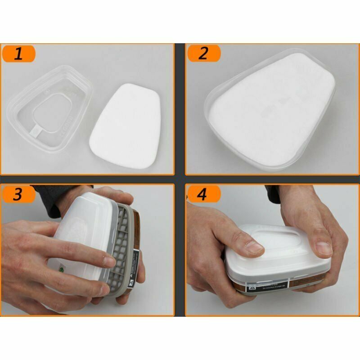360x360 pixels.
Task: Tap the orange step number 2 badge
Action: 203,54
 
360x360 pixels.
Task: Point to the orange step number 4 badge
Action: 203,194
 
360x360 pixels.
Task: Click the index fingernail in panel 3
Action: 108,261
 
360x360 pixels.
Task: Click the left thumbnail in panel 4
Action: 254,247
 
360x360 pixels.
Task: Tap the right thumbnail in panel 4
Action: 323,246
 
